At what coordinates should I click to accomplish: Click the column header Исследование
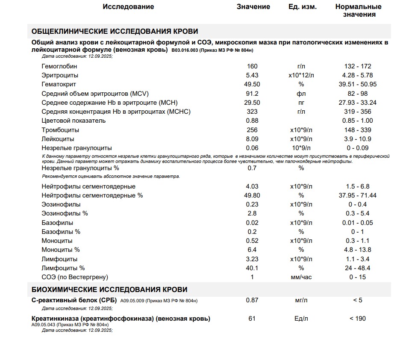click(x=128, y=7)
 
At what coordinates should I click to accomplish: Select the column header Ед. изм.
click(x=303, y=7)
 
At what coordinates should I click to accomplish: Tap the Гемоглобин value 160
click(x=252, y=66)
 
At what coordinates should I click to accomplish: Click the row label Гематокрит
click(x=59, y=84)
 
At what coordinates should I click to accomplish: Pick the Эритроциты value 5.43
click(x=252, y=75)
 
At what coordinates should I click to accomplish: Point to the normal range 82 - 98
click(x=358, y=94)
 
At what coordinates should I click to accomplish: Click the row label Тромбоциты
click(x=60, y=130)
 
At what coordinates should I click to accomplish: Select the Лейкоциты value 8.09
click(x=252, y=139)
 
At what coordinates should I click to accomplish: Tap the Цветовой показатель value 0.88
click(x=252, y=121)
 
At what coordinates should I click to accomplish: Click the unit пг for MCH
click(x=301, y=103)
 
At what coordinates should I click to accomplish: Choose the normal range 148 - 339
click(x=358, y=130)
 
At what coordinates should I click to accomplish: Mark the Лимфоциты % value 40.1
click(x=252, y=268)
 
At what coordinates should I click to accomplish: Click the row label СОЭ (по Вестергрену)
click(x=75, y=277)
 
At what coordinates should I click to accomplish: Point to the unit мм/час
click(x=301, y=277)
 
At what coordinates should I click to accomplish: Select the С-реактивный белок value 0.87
click(x=252, y=300)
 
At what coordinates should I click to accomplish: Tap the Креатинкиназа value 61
click(x=252, y=319)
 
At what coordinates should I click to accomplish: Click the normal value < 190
click(x=358, y=319)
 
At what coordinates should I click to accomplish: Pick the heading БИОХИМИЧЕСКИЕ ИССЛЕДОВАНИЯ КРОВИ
click(x=109, y=289)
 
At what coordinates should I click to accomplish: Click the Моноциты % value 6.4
click(x=252, y=250)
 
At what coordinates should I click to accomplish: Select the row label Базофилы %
click(x=61, y=232)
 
